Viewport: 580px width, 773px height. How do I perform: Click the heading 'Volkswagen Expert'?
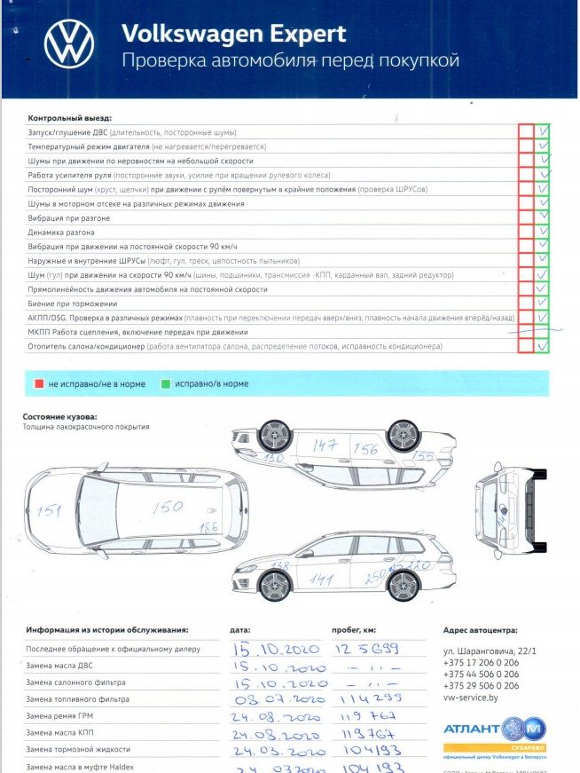233,33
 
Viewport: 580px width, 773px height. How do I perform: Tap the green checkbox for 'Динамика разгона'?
543,232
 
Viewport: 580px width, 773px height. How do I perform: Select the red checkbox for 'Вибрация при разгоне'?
526,217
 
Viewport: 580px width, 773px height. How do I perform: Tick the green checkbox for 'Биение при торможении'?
543,304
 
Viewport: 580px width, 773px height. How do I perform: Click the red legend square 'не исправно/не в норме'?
39,384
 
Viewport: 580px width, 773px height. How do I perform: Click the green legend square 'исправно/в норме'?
166,384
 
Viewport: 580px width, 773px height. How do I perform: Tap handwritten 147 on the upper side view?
326,445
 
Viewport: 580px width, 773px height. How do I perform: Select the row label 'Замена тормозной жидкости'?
77,749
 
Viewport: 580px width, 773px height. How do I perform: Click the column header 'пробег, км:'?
359,630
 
